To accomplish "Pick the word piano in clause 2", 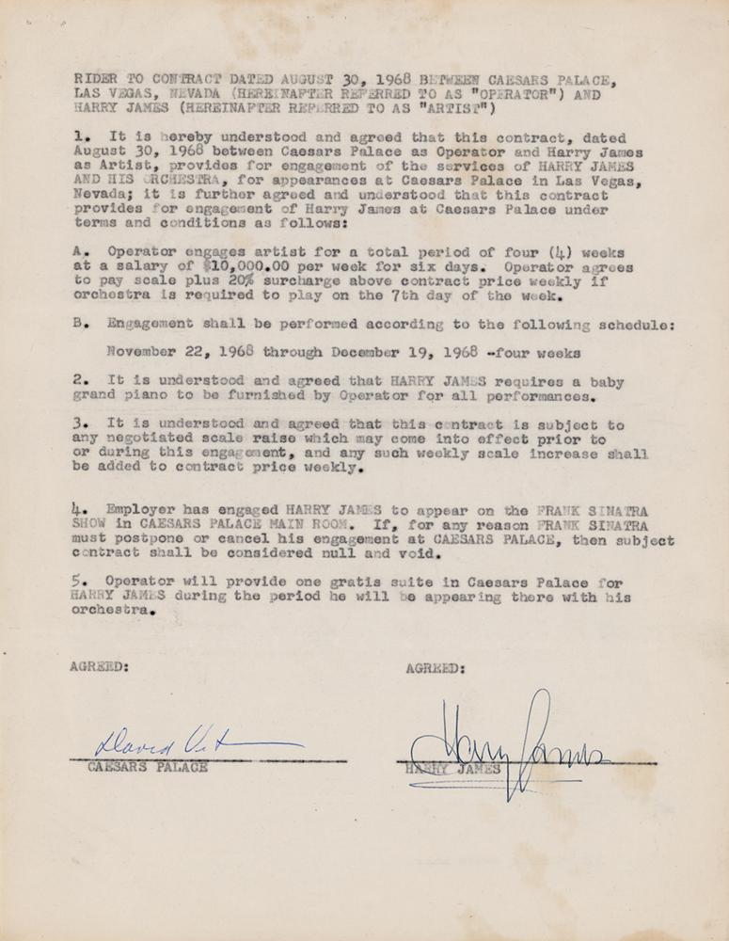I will click(x=138, y=398).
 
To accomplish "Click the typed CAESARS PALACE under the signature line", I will click(x=148, y=767).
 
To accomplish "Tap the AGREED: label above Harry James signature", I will click(x=435, y=669).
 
